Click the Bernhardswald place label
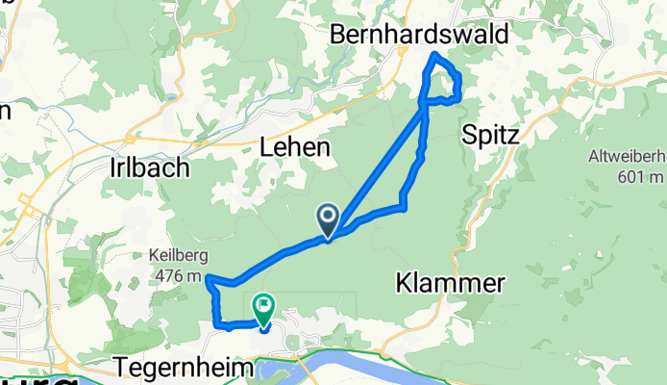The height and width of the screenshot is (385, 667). pos(419,34)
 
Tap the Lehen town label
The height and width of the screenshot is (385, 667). pos(295,147)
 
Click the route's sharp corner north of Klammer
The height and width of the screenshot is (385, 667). pos(404,207)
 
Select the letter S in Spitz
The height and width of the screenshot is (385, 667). pos(470,135)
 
